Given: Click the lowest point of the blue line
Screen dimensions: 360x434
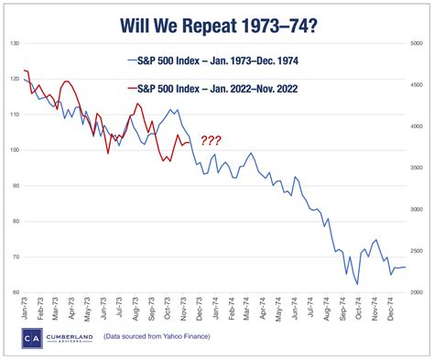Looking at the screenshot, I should (357, 284).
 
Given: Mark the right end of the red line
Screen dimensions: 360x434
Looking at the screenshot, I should (190, 142).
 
